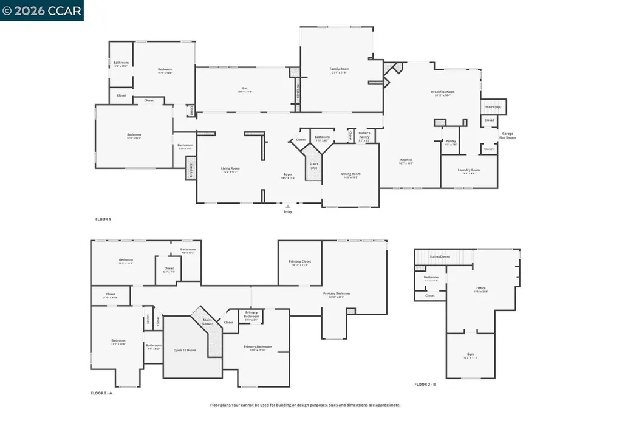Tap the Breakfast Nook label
(x=443, y=92)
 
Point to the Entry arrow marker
(x=288, y=207)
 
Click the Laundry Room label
(x=468, y=170)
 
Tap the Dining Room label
(x=350, y=174)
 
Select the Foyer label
(x=288, y=175)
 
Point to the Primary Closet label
(x=299, y=262)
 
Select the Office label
(x=480, y=289)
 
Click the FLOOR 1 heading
(x=103, y=219)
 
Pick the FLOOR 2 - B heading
(x=425, y=385)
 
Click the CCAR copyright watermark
(x=42, y=10)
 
